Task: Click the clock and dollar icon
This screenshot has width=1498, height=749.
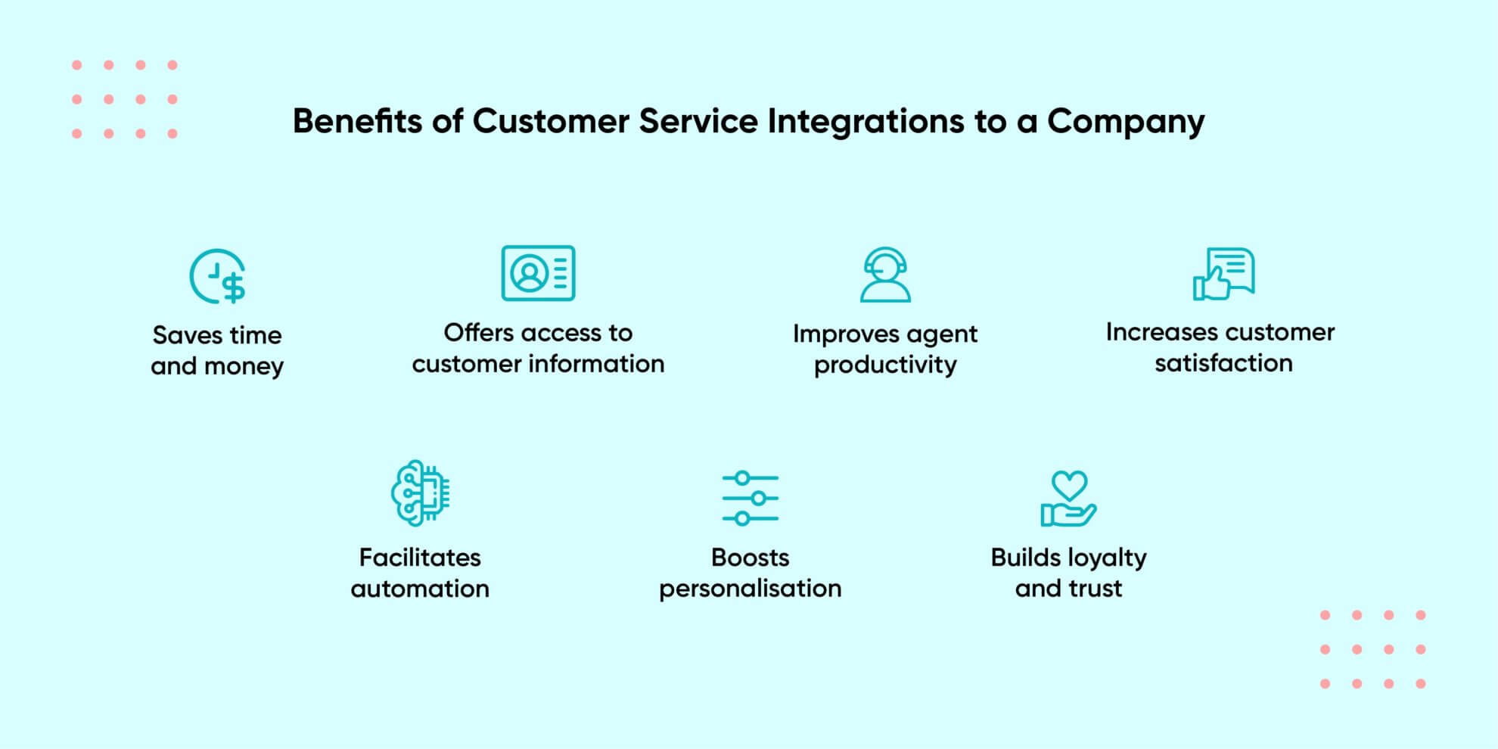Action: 217,276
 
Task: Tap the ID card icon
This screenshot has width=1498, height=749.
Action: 538,273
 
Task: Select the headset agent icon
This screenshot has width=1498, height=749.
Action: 885,275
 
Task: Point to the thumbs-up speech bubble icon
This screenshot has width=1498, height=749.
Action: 1223,274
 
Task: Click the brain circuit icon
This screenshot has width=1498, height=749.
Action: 420,493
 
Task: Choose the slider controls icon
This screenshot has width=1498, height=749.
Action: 750,499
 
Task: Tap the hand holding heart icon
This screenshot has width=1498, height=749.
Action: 1068,499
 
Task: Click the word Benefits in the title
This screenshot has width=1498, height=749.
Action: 357,121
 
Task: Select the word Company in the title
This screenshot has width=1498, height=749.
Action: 1126,121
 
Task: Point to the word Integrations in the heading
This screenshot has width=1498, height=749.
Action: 866,121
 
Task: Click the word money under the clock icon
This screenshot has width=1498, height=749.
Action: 244,366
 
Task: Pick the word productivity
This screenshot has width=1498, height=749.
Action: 885,365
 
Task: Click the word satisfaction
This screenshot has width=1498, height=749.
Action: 1223,363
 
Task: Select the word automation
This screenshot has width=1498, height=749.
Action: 420,589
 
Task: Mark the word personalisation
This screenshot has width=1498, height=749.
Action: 750,589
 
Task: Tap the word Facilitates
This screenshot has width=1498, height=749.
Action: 420,558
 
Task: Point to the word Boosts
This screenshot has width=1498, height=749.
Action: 750,558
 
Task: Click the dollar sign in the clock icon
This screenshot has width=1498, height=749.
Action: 234,287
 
